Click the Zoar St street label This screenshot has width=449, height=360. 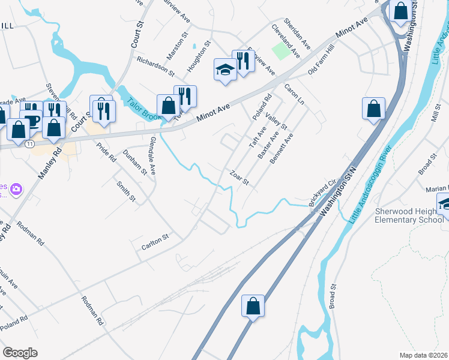click(x=239, y=178)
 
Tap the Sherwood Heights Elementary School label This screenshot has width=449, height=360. click(x=410, y=215)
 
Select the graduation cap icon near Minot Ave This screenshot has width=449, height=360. click(x=225, y=70)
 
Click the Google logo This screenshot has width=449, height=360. click(x=20, y=352)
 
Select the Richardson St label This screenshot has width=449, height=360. click(x=155, y=67)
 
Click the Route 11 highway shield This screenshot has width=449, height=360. click(x=29, y=143)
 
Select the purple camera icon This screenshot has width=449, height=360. click(x=16, y=190)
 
